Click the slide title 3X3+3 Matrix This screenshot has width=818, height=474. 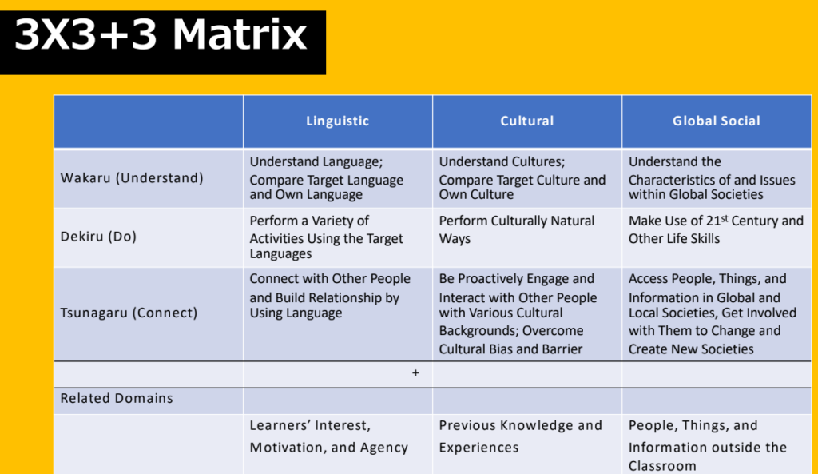[161, 35]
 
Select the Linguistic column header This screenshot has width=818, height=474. [338, 121]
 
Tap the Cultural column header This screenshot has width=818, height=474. [527, 121]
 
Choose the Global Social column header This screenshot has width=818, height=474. [717, 121]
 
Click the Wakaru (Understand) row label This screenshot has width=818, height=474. [132, 178]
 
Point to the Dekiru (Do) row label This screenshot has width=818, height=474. [98, 237]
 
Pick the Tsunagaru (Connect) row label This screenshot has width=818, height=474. [129, 313]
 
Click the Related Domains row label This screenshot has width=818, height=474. [117, 398]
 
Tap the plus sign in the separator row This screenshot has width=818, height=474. [415, 372]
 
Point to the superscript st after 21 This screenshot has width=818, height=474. [725, 218]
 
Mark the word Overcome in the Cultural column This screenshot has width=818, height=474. [553, 331]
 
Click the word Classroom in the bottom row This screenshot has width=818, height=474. [662, 466]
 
